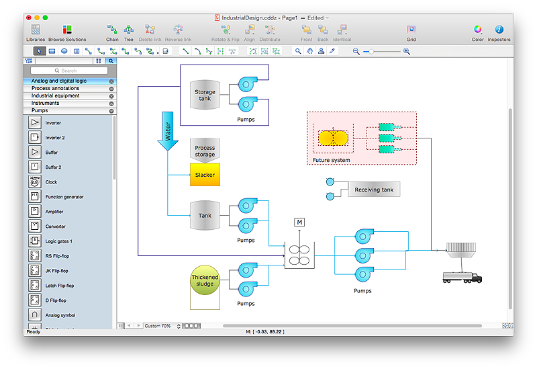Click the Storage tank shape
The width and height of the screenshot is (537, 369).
click(205, 95)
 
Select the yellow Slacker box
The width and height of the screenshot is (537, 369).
click(205, 175)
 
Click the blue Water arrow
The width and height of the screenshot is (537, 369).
click(167, 131)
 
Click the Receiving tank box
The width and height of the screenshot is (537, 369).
click(374, 190)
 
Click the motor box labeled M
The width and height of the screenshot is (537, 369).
click(299, 222)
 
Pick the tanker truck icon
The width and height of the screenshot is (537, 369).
click(462, 277)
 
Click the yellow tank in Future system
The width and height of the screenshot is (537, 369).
click(333, 138)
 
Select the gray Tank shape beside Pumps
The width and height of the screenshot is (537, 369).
click(205, 216)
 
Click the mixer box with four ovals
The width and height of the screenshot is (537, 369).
click(299, 255)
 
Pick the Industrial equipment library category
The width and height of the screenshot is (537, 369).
click(55, 95)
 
